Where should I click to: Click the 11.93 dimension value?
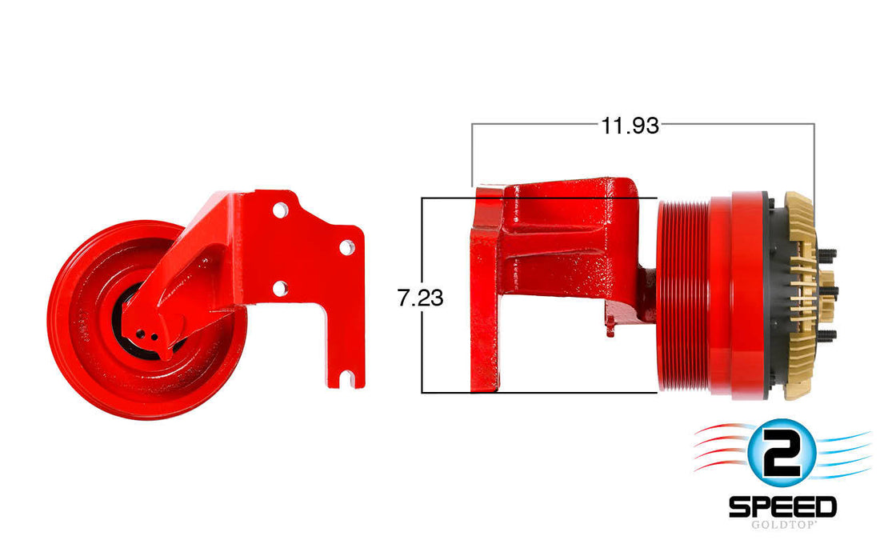point(630,126)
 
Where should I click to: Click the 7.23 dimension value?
point(420,298)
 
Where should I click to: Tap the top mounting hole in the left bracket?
point(279,210)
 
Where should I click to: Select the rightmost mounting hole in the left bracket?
point(346,247)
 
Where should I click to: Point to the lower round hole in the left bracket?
point(279,287)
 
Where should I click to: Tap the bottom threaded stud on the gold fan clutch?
point(828,334)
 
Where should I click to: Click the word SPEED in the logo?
point(782,506)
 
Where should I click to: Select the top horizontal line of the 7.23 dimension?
point(448,198)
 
